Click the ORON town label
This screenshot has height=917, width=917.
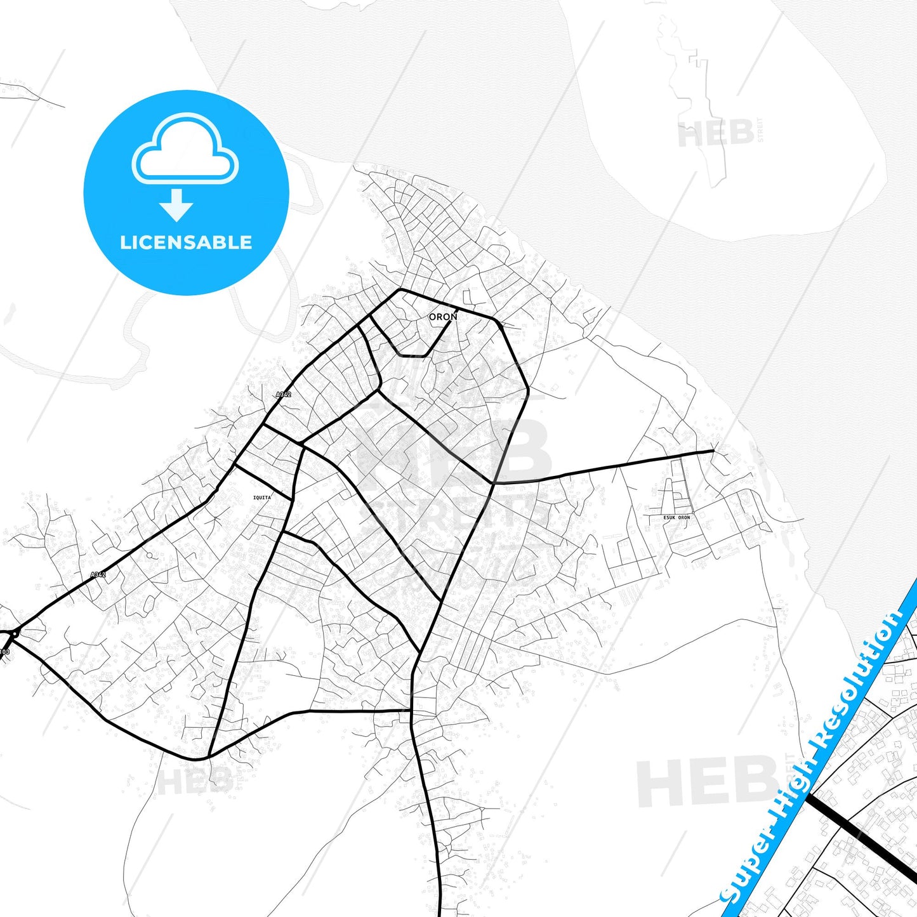tap(442, 317)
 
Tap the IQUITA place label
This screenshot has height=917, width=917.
tap(261, 498)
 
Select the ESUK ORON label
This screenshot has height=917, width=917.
tap(676, 517)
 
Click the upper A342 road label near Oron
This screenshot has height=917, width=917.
tap(284, 395)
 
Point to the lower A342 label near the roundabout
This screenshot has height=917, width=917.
tap(98, 574)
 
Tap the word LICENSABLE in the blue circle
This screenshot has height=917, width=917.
tap(186, 242)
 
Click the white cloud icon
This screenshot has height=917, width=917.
tap(185, 149)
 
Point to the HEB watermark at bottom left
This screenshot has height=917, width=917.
tap(194, 780)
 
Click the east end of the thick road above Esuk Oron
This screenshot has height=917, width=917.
tap(713, 451)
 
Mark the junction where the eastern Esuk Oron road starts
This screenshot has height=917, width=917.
tap(494, 484)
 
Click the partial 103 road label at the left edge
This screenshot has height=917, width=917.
tap(4, 652)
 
